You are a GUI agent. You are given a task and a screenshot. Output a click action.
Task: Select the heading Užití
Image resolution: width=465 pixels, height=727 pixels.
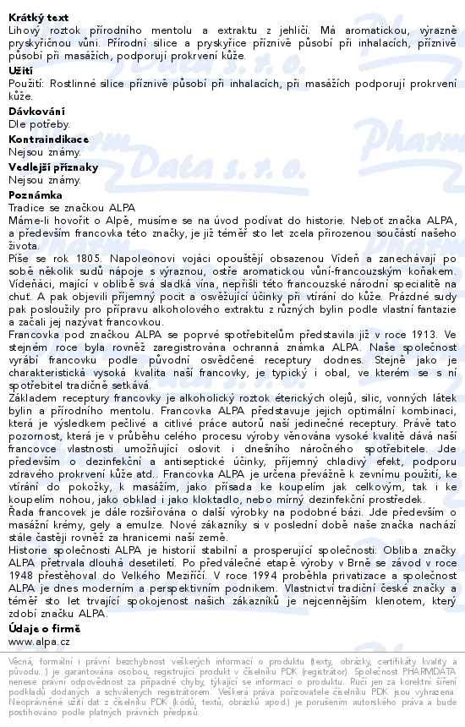tap(20, 70)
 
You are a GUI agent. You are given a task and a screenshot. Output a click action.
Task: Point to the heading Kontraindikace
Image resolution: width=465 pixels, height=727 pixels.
tap(49, 139)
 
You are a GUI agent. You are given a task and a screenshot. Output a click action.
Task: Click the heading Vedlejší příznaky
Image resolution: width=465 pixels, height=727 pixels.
tap(53, 167)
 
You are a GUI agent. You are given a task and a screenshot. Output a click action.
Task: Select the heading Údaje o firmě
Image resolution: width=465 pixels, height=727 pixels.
tap(44, 628)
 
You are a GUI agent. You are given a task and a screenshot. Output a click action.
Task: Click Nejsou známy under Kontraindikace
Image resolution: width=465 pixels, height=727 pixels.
tap(45, 153)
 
